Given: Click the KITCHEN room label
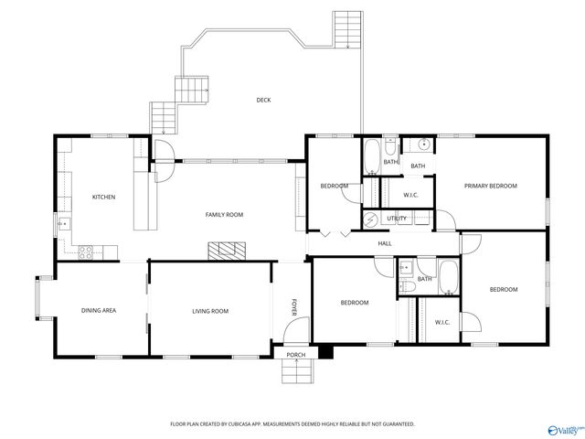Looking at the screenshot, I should (103, 197).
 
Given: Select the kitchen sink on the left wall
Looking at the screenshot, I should (63, 222).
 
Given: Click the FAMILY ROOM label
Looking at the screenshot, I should (223, 215).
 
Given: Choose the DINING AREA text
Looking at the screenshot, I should (99, 311).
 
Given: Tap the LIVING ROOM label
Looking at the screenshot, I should (209, 311).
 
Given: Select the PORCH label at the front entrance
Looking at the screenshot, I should (295, 355).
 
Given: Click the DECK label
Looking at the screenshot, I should (263, 100).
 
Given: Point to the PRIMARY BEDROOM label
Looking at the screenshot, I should (490, 186).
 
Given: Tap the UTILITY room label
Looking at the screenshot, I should (397, 219).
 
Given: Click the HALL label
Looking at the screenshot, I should (385, 243).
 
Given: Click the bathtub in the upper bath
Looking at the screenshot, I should (373, 157).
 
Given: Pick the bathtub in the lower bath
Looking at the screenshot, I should (448, 276).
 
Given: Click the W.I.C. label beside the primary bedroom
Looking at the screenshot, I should (410, 195).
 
